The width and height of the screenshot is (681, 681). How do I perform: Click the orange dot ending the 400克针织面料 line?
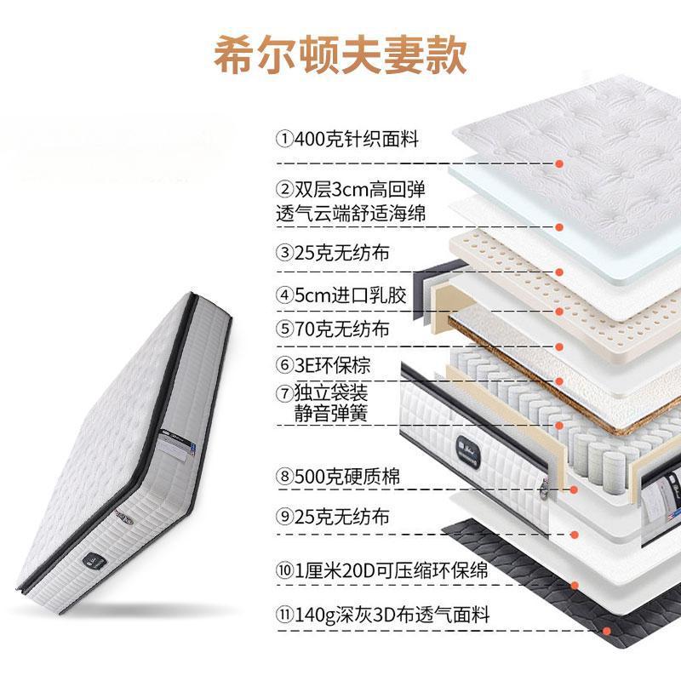559,163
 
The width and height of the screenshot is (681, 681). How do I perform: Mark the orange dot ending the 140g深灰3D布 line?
606,631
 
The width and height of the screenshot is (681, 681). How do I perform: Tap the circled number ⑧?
283,478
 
